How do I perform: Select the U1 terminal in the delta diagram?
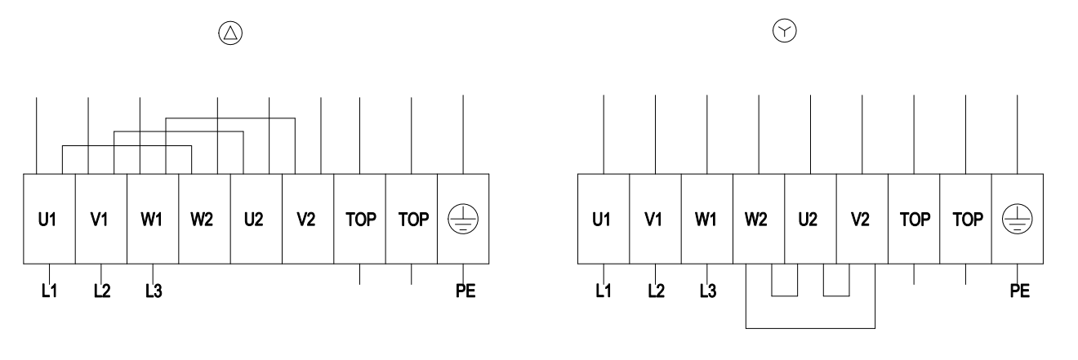[x=49, y=219]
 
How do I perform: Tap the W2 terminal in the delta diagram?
[x=204, y=219]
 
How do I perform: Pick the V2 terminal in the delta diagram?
[x=308, y=219]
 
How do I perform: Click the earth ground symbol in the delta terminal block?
[x=463, y=219]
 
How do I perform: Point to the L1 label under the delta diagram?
[x=49, y=291]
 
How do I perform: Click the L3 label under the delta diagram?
[x=154, y=291]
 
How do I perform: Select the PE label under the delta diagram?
[x=465, y=291]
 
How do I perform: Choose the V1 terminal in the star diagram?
[x=655, y=219]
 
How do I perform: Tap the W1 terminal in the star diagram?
[x=707, y=219]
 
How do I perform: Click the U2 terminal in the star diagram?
[x=810, y=219]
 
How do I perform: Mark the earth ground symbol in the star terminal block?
[x=1018, y=219]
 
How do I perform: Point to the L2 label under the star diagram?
[x=656, y=291]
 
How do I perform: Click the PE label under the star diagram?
[x=1020, y=291]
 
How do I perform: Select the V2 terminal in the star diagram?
[x=862, y=219]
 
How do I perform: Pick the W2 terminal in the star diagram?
[x=759, y=219]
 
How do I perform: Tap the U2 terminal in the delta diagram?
[x=256, y=219]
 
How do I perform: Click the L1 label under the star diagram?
[x=603, y=291]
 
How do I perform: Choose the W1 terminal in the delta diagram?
[x=153, y=219]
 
